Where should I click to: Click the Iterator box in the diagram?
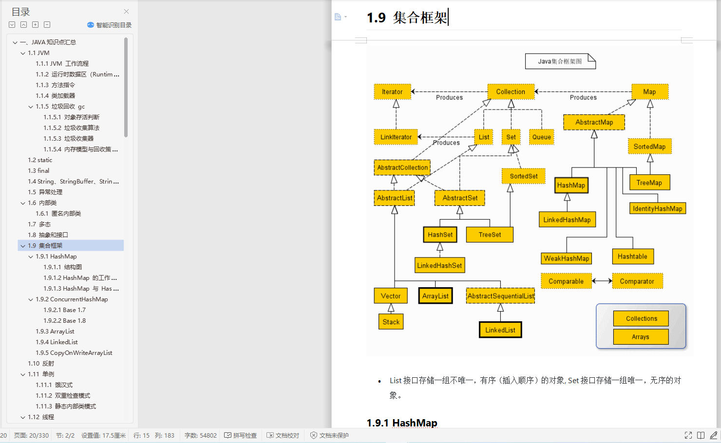pos(392,92)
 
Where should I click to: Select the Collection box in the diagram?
pos(511,92)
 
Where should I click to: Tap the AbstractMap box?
pos(594,122)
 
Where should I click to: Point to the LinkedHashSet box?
pos(439,265)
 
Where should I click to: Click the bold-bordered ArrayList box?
pos(436,296)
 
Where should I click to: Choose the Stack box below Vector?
pos(391,322)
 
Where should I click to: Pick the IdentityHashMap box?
pos(657,208)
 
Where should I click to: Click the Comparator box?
pos(637,281)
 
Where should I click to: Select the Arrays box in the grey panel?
pos(640,337)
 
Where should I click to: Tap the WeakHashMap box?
pos(567,258)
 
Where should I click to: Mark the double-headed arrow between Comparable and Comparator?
pos(602,281)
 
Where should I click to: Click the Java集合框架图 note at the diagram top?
pos(560,61)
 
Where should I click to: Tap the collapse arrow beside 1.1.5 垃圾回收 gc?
pos(31,107)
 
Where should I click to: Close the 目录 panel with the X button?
pos(126,11)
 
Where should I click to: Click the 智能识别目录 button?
pos(110,25)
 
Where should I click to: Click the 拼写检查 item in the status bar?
pos(241,435)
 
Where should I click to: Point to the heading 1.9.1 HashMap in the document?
pos(402,423)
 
